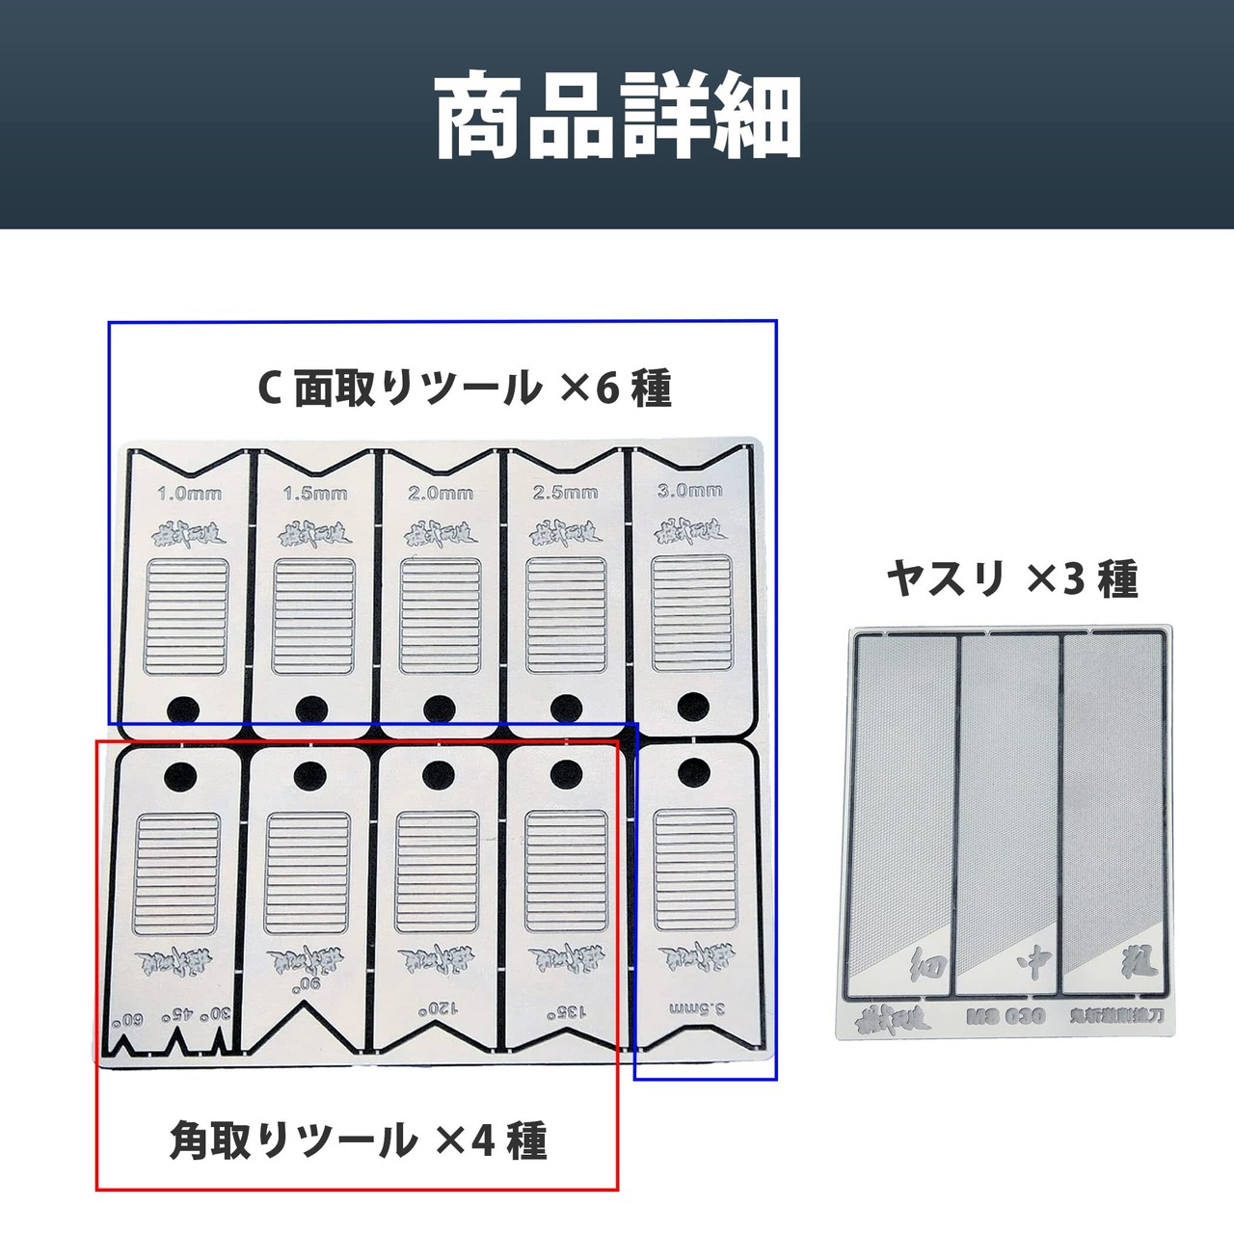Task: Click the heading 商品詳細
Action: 617,115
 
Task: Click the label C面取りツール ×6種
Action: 464,389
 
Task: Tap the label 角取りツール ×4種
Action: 359,1140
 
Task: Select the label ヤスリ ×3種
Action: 1012,579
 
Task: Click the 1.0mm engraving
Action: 189,494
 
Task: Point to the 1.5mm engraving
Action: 314,494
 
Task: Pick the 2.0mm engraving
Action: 441,493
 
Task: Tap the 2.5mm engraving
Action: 565,493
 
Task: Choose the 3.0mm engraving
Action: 689,490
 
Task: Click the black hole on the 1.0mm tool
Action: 183,711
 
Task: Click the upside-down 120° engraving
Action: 435,1010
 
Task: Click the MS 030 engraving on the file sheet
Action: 1005,1016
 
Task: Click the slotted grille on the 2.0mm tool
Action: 440,616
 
